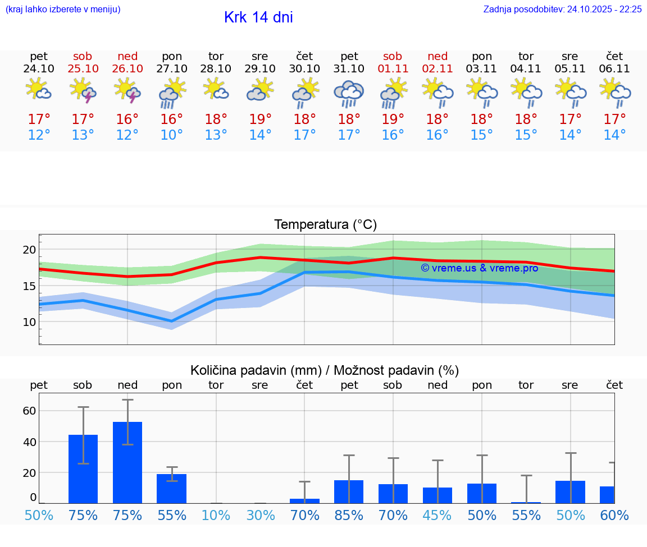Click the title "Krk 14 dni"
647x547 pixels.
258,17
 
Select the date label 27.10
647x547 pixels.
172,68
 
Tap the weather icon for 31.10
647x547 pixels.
349,94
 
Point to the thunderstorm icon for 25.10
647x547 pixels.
83,91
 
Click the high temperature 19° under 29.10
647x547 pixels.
260,119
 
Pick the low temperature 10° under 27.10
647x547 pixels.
172,135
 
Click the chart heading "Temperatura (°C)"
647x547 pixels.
325,224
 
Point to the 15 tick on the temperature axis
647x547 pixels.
29,286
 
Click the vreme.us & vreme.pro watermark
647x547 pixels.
479,268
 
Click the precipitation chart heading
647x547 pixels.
325,370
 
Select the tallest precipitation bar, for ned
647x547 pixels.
127,462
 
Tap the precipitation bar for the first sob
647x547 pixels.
83,468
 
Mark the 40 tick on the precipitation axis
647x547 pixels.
29,442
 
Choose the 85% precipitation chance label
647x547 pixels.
349,516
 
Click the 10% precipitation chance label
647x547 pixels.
216,516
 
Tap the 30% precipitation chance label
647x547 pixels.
260,516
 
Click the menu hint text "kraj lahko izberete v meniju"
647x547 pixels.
63,9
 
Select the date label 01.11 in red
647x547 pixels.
393,68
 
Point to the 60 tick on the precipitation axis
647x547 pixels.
29,411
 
